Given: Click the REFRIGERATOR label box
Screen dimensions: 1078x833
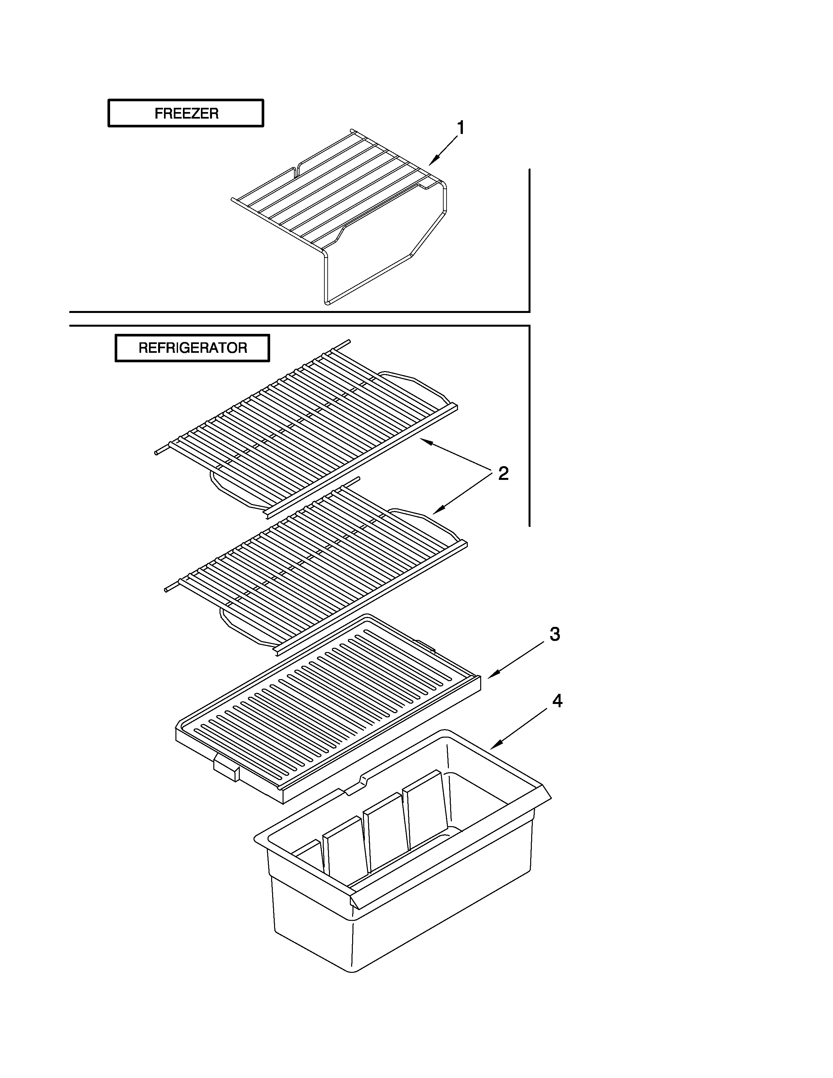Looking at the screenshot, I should point(192,348).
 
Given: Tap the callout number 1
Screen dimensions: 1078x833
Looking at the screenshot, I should point(460,128).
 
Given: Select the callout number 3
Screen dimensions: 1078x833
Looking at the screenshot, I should point(555,635).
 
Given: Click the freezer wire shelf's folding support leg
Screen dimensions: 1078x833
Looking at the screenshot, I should point(385,257).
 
